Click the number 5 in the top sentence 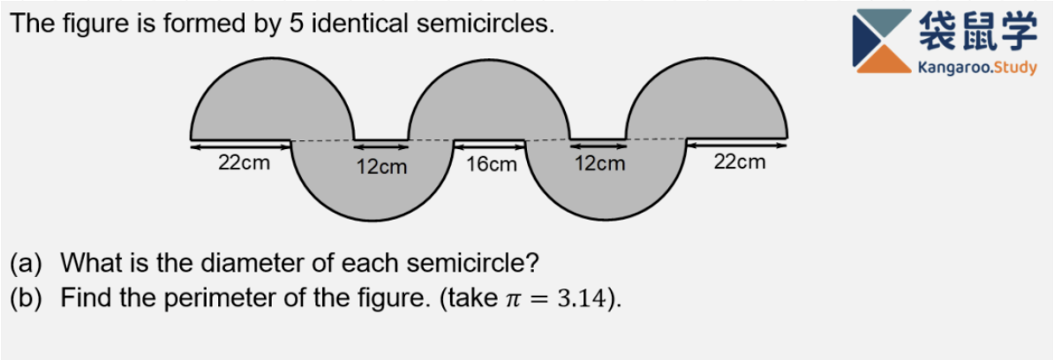pyautogui.click(x=297, y=24)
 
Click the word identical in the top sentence pyautogui.click(x=359, y=24)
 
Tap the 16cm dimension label pyautogui.click(x=491, y=164)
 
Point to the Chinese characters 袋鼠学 pyautogui.click(x=977, y=32)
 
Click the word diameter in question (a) pyautogui.click(x=256, y=263)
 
